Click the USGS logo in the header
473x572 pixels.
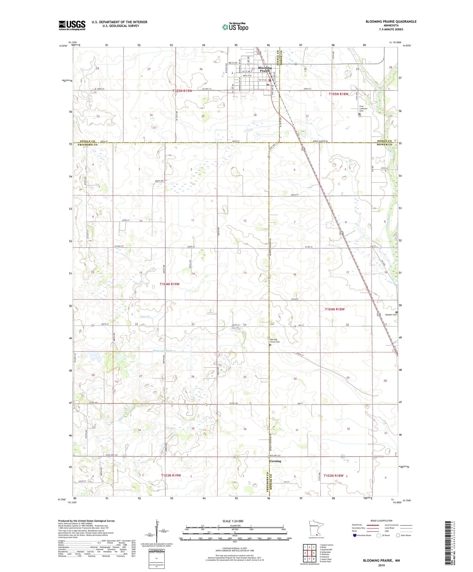click(72, 25)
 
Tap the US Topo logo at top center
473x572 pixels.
click(235, 27)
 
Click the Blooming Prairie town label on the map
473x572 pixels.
click(265, 69)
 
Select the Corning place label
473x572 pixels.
click(275, 461)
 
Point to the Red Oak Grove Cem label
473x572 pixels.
click(275, 341)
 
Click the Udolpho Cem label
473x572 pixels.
click(390, 315)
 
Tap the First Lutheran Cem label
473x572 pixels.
click(364, 108)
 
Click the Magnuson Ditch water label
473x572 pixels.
click(162, 351)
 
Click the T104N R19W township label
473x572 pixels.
click(169, 284)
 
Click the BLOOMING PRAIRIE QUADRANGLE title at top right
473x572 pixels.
click(391, 21)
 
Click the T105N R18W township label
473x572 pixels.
click(339, 94)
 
